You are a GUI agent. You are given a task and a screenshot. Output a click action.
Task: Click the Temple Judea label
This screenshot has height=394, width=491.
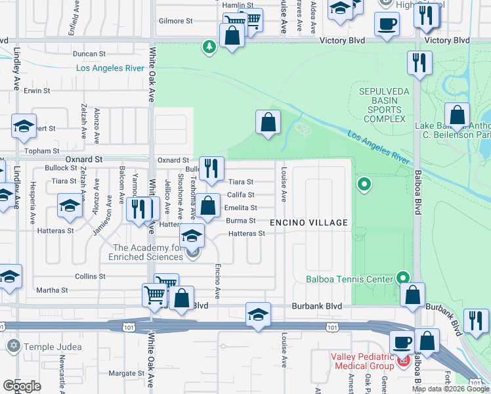coord(53,346)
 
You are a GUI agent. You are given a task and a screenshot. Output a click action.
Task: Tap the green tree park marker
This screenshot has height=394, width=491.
coord(209,47)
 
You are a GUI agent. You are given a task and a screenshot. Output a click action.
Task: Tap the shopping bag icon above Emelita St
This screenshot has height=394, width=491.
coord(208,206)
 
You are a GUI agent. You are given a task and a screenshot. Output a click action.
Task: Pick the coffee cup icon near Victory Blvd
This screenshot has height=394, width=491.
coord(387,24)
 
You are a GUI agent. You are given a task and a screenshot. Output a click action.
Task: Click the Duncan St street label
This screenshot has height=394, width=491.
coord(90,54)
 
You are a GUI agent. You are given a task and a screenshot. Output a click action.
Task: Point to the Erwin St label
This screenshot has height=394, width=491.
coord(37,91)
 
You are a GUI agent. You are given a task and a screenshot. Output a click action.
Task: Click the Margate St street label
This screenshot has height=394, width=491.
coord(121,374)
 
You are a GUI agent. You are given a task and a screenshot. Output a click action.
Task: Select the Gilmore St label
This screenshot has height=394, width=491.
coord(176,21)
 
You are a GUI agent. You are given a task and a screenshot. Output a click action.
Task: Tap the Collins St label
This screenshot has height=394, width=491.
coord(85,276)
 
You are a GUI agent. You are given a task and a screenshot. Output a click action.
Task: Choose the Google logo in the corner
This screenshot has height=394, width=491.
coord(22,386)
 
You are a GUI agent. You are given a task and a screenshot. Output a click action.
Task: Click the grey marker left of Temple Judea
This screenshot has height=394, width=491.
coord(12,345)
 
